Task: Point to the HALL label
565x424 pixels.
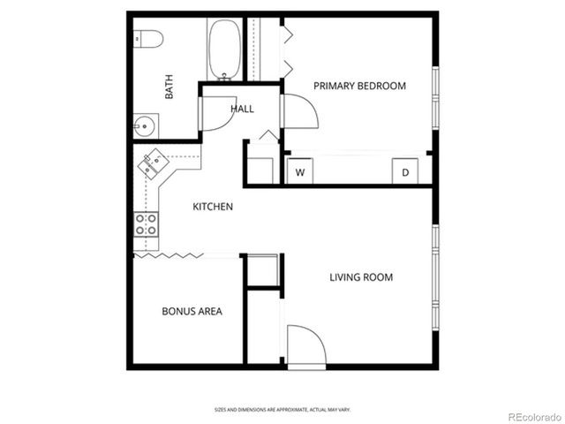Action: [x=242, y=110]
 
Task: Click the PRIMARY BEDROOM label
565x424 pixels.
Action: [x=359, y=86]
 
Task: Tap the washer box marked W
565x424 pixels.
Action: [x=299, y=171]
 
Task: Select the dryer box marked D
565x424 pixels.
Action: [x=405, y=171]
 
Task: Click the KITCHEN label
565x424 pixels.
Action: [x=213, y=207]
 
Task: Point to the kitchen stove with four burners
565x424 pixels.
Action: [x=146, y=224]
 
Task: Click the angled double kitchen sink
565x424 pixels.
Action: [x=154, y=163]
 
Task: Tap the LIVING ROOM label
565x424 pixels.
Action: [x=361, y=277]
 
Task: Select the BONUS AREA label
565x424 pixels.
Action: [x=192, y=311]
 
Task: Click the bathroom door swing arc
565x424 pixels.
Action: [x=218, y=113]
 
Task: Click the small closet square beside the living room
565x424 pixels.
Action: [x=262, y=271]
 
